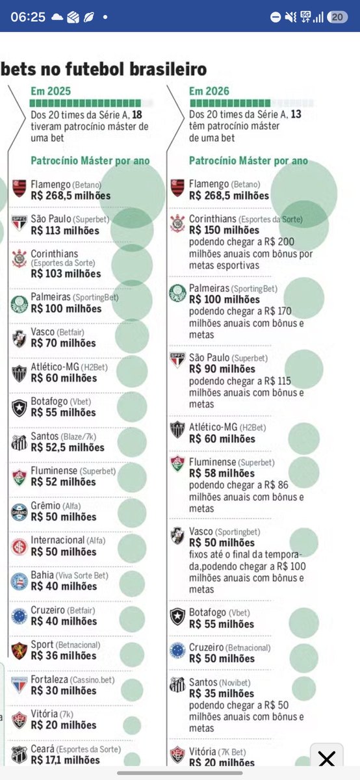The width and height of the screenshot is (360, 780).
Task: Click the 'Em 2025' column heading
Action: click(x=51, y=91)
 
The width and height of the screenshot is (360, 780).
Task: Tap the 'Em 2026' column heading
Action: click(x=209, y=91)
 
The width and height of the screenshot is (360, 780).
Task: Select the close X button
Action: click(x=327, y=759)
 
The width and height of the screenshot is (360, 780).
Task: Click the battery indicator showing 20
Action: click(x=337, y=17)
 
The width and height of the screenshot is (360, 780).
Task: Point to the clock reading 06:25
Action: click(x=28, y=17)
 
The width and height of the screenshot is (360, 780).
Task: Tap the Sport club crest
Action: click(x=19, y=651)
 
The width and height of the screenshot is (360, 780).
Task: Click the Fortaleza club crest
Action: click(x=19, y=685)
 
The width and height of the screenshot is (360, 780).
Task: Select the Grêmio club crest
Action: click(x=19, y=512)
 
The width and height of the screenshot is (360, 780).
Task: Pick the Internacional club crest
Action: click(x=19, y=547)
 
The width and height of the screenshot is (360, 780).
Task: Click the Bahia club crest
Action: click(x=19, y=581)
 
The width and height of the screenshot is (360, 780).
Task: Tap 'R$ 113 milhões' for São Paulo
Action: click(x=65, y=231)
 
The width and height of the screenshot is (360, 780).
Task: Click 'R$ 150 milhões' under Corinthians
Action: click(x=224, y=230)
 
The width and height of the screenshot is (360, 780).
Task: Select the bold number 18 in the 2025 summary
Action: click(x=137, y=114)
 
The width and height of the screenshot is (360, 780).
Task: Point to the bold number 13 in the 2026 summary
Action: click(x=296, y=114)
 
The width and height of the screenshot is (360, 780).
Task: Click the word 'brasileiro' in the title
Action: click(x=168, y=69)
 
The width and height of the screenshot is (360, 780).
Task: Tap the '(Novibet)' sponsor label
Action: click(x=235, y=683)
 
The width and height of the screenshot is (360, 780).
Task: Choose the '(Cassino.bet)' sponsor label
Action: click(x=92, y=680)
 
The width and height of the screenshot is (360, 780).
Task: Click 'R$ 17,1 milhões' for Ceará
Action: click(x=65, y=760)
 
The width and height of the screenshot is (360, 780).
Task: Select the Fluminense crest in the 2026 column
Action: click(x=177, y=463)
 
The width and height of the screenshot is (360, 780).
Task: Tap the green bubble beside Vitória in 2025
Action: click(x=132, y=725)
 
